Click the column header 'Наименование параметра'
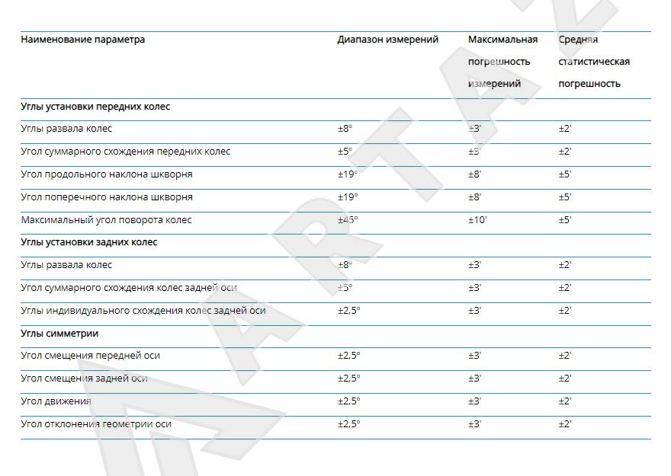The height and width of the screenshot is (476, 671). tap(82, 40)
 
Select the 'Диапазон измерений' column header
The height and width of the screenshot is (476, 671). tap(387, 40)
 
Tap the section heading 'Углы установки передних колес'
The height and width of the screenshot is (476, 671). tap(95, 107)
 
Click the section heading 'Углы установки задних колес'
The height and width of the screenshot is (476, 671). tap(88, 242)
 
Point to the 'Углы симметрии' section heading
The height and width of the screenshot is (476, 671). tap(59, 334)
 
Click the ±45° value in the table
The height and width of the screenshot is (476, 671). tap(348, 220)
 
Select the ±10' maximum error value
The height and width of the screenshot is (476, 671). tap(477, 220)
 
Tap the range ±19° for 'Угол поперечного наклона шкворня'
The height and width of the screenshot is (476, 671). tap(348, 197)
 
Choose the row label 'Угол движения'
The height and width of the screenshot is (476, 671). tap(56, 401)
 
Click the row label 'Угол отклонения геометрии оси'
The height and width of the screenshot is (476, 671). tap(95, 424)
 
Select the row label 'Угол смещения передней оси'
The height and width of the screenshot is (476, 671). tap(90, 356)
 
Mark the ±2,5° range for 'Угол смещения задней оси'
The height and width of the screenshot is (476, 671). tap(349, 379)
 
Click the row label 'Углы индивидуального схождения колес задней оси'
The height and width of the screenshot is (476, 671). tap(143, 311)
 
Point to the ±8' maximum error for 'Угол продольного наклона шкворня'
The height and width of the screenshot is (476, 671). tap(475, 174)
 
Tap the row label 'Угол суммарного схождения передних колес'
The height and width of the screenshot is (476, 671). tap(125, 152)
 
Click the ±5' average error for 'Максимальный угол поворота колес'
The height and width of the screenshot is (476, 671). tap(565, 220)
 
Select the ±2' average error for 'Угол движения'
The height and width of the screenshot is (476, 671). tap(565, 401)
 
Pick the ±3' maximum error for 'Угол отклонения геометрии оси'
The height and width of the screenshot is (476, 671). tap(475, 424)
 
